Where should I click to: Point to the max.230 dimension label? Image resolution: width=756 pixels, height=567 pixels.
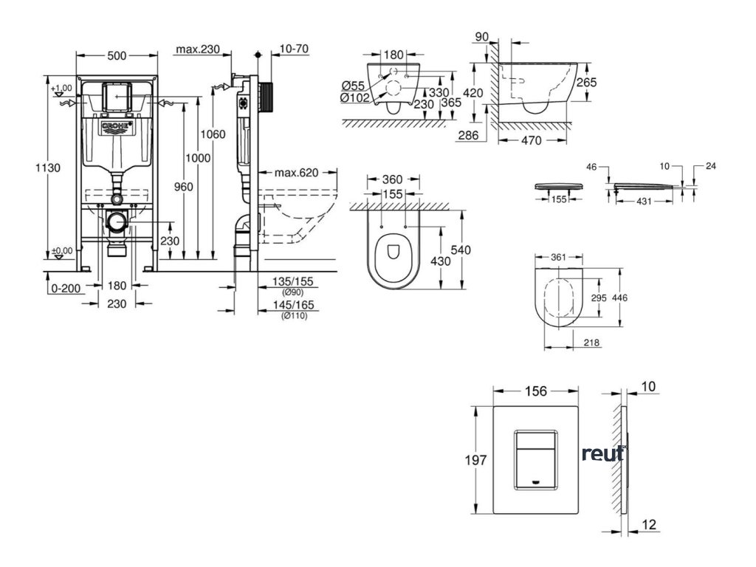[x=198, y=50]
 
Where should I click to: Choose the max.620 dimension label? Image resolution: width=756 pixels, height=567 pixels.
[x=298, y=173]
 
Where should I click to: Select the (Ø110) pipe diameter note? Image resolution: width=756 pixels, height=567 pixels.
[x=295, y=316]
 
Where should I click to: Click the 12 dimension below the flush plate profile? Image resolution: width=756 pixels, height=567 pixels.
[x=650, y=524]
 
